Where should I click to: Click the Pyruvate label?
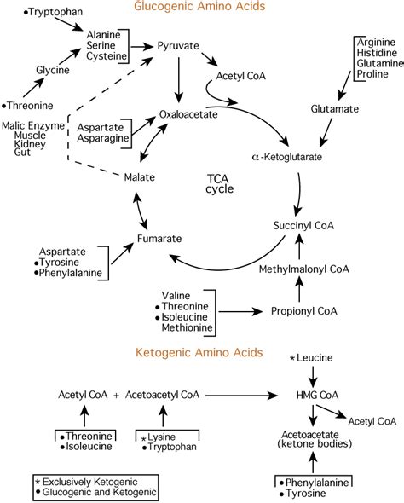tap(178, 46)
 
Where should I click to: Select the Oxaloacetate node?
tap(188, 114)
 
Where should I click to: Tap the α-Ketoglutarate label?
tap(287, 157)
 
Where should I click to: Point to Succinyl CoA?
tap(303, 226)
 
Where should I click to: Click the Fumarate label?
tap(159, 239)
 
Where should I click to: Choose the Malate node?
tap(140, 177)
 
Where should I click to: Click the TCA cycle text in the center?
tap(219, 184)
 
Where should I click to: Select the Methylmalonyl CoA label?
tap(303, 269)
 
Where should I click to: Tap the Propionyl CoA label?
tap(304, 311)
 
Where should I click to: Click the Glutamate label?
tap(334, 109)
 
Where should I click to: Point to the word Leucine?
tap(315, 358)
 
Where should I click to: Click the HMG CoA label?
tap(317, 396)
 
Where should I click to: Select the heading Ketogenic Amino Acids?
tap(199, 353)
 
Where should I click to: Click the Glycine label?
tap(53, 70)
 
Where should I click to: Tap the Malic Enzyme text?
tap(33, 125)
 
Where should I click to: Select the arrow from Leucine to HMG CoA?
tap(313, 376)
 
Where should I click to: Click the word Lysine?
tap(162, 437)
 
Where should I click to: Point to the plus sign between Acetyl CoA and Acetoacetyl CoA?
tap(117, 396)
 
